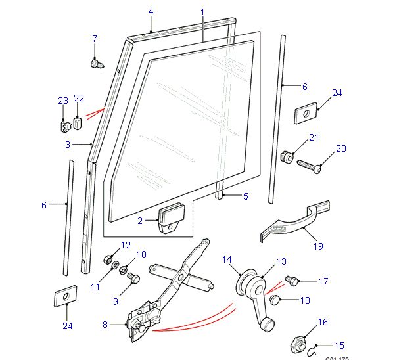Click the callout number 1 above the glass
click(x=202, y=12)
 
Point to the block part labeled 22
click(x=78, y=121)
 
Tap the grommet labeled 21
click(x=287, y=156)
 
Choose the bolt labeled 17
click(x=292, y=282)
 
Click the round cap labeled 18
click(x=277, y=302)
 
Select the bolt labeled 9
click(x=131, y=278)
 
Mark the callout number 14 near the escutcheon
click(x=227, y=261)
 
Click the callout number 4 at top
click(x=151, y=12)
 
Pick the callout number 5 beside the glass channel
click(x=246, y=196)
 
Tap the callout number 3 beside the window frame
click(x=67, y=145)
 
